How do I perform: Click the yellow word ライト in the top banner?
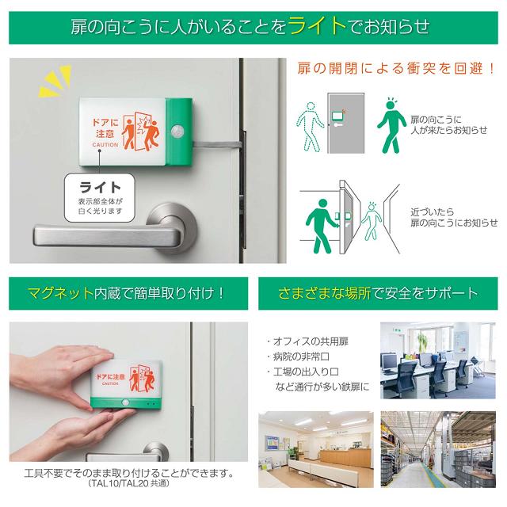316,25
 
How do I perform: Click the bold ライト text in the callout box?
101,187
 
